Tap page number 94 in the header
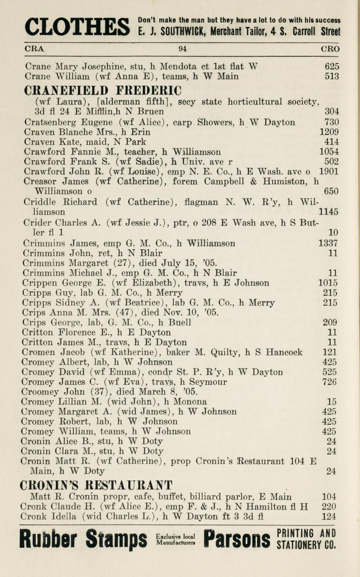click(x=182, y=49)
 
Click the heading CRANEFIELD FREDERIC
click(x=103, y=90)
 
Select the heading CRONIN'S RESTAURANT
click(x=96, y=485)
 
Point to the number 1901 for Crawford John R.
click(x=329, y=172)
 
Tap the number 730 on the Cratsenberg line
click(x=332, y=123)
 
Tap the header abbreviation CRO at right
click(x=330, y=49)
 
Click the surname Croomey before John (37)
click(x=39, y=392)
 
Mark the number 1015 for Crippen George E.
click(x=328, y=283)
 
